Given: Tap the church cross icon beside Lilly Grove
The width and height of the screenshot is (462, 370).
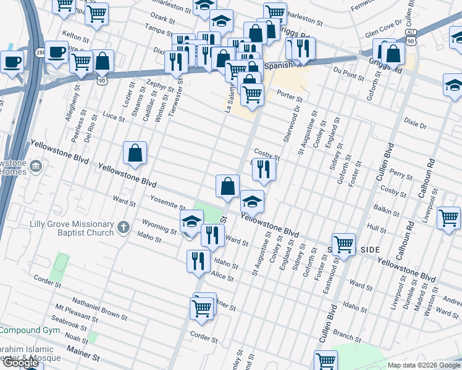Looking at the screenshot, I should (123, 228).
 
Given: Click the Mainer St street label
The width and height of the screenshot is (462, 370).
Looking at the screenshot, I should (87, 356).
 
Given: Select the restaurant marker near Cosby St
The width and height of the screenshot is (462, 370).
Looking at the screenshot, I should (264, 168).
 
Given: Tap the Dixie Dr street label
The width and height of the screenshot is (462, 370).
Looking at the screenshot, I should (415, 125).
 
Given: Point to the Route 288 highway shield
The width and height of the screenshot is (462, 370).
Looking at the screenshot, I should (40, 51).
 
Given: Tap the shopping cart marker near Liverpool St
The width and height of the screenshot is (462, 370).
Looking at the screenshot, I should (448, 217).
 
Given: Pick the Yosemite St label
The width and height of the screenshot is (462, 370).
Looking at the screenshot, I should (168, 202).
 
